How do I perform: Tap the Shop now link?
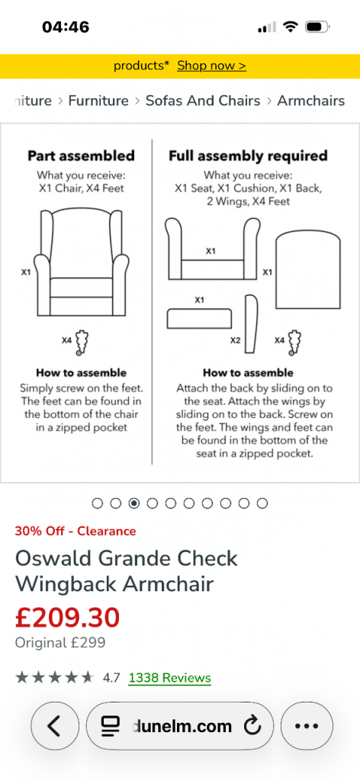(211, 66)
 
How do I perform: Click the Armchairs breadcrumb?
(310, 101)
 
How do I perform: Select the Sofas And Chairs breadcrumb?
(203, 101)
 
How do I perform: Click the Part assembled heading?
(81, 156)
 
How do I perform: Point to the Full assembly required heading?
(248, 156)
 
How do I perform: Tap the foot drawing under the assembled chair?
(82, 342)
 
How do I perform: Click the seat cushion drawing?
(199, 319)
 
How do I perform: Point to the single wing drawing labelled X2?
(252, 323)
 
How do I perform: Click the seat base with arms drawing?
(213, 249)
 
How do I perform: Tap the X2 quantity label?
(235, 341)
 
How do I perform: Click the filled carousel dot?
(134, 503)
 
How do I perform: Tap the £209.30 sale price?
(67, 617)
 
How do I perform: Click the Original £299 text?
(60, 642)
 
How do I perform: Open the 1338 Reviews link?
(170, 678)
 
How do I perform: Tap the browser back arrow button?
(55, 726)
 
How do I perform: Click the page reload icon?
(252, 726)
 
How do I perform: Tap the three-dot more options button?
(307, 726)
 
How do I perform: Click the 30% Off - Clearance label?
(76, 531)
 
